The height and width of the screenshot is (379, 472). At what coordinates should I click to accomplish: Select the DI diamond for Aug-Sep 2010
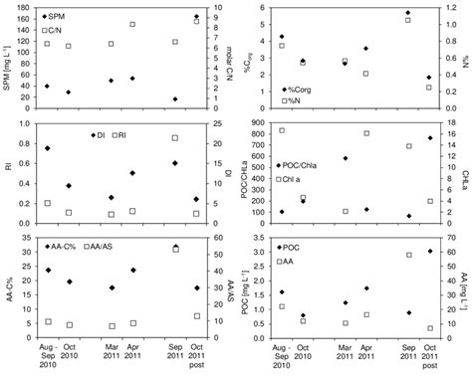(47, 148)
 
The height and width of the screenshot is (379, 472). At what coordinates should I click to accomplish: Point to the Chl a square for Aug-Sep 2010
(282, 130)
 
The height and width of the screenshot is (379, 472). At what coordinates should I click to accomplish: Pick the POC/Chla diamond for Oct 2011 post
(429, 138)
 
